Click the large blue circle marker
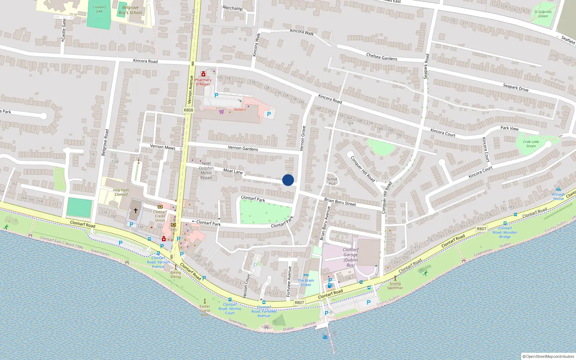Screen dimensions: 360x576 (x=288, y=180)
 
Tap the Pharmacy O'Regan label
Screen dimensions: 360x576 (x=203, y=82)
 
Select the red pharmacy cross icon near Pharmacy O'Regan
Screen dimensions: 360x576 (x=203, y=74)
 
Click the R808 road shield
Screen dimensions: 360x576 (x=188, y=110)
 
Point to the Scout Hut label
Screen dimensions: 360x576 (x=332, y=181)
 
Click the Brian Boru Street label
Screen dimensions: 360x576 (x=340, y=202)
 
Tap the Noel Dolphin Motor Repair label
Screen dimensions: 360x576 (x=206, y=170)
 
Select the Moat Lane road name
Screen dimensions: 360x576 (x=233, y=171)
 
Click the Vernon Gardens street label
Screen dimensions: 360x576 (x=243, y=148)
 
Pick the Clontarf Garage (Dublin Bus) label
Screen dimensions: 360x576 (x=350, y=257)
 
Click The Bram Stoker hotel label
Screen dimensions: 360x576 (x=306, y=283)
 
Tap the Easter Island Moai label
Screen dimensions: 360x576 (x=205, y=310)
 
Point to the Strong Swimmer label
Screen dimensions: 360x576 (x=395, y=285)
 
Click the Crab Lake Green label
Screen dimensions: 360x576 (x=531, y=144)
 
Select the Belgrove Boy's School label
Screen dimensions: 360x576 (x=130, y=10)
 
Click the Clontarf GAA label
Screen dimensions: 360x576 (x=99, y=9)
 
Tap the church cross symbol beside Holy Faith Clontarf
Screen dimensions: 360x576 (x=136, y=210)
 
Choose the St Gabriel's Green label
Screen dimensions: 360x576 (x=543, y=14)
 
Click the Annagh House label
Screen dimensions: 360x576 (x=558, y=196)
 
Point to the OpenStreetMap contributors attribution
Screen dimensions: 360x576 (x=548, y=356)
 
